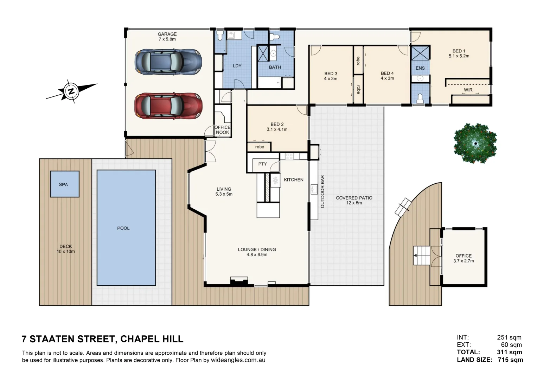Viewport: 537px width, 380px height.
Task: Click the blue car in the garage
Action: coord(168,62)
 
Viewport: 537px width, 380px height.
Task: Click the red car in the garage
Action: coord(168,106)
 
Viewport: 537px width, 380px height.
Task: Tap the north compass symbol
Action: coord(71,91)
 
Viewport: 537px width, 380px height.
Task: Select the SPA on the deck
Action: coord(64,184)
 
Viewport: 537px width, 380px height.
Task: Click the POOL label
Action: coord(123,228)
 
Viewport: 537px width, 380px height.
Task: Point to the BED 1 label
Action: coord(459,51)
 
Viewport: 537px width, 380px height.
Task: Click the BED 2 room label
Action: coord(277,125)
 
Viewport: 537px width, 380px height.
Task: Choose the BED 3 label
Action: coord(331,74)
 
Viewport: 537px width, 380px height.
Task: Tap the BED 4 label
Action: coord(387,74)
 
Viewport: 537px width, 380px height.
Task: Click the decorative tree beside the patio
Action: coord(475,143)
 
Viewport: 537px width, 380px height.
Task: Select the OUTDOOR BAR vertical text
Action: coord(322,191)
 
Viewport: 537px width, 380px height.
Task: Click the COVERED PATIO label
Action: coord(354,198)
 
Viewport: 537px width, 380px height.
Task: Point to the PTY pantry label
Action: coord(262,164)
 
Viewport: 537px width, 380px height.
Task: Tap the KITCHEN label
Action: coord(293,180)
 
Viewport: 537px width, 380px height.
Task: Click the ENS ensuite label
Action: coord(420,68)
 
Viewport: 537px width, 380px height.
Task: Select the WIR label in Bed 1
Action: coord(468,90)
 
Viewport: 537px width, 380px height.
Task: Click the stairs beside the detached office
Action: coord(421,255)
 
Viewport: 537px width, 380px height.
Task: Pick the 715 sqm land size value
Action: coord(510,360)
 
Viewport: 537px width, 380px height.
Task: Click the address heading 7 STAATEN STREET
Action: coord(102,339)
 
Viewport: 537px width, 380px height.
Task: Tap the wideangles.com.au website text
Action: coord(238,360)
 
